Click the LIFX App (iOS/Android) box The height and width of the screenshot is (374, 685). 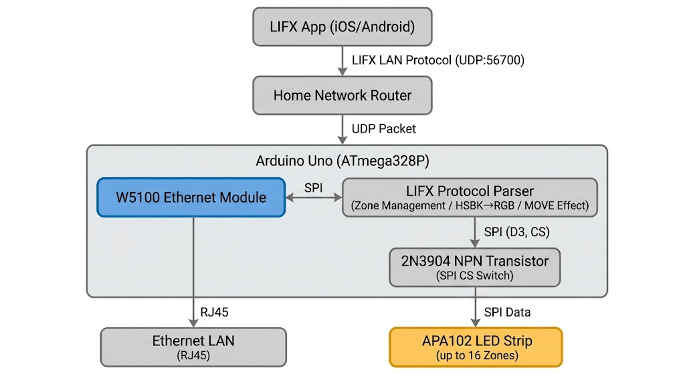point(342,27)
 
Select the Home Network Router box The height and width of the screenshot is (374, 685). point(342,95)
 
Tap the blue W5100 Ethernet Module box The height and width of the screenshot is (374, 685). point(191,197)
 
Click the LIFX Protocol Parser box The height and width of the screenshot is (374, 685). point(470,197)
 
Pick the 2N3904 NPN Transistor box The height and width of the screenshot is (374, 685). point(475,267)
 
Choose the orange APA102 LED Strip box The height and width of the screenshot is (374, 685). point(476,347)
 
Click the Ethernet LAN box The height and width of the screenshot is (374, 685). point(193,347)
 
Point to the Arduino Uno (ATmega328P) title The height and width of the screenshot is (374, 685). point(343,161)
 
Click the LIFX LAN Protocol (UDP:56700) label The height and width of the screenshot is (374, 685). point(437,60)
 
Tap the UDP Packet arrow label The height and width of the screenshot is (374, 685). point(383,128)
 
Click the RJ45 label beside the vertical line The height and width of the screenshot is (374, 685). point(215,311)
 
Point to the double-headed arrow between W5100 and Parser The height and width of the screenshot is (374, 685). point(313,197)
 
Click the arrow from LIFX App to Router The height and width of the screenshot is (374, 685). point(342,61)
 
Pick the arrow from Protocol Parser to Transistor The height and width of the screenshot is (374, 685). point(475,232)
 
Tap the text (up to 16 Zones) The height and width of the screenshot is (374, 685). point(476,355)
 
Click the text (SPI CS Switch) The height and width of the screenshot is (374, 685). point(475,275)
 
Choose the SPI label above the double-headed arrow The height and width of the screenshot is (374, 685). point(313,187)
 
